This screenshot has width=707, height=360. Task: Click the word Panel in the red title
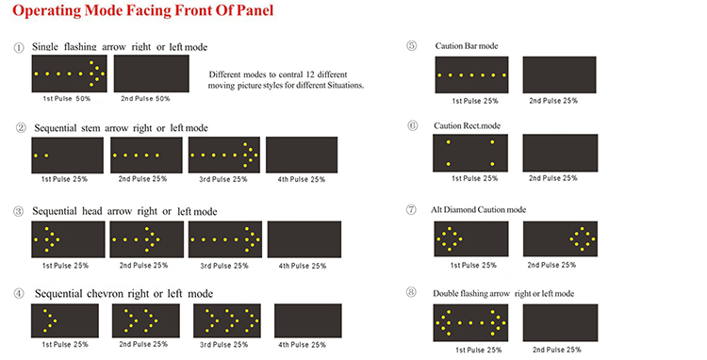click(254, 10)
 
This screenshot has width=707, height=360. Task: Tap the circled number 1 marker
click(19, 47)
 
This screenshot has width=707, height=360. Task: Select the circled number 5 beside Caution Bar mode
click(412, 45)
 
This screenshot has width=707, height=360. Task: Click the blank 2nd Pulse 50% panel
click(152, 74)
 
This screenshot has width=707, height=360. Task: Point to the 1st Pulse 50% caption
click(67, 98)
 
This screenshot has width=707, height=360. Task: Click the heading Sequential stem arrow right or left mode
click(121, 128)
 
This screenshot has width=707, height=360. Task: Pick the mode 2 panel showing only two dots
click(67, 155)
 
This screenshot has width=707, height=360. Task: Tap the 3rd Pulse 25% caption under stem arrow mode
click(223, 179)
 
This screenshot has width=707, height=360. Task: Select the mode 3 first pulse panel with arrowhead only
click(68, 239)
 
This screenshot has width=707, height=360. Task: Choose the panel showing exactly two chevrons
click(145, 320)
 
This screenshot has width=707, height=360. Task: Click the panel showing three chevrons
click(227, 320)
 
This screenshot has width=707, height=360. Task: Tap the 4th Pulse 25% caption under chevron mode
click(302, 345)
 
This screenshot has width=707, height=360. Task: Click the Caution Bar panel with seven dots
click(471, 74)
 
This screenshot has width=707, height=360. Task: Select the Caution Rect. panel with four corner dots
click(470, 153)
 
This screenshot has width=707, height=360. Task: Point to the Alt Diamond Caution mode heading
click(478, 209)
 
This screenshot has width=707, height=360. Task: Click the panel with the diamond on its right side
click(561, 238)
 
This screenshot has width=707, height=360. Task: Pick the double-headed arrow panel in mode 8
click(470, 322)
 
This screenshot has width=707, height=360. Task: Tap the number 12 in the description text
click(310, 74)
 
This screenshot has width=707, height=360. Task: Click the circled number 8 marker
click(411, 292)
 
